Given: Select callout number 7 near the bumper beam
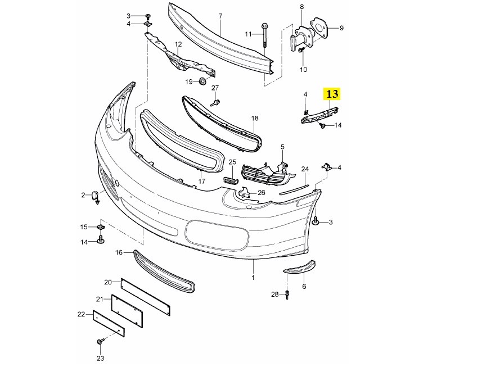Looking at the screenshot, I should (x=220, y=16).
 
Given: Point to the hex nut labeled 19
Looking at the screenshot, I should (x=202, y=82).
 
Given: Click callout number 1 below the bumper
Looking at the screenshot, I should (x=253, y=278).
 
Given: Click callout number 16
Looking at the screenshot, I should (x=119, y=253).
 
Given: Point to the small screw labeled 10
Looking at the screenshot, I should (x=301, y=51).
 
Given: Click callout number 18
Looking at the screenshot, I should (x=255, y=119).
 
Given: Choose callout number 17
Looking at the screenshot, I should (x=201, y=182).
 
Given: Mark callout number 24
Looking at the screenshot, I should (x=305, y=169).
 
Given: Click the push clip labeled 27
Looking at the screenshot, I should (x=216, y=102).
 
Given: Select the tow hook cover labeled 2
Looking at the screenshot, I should (x=94, y=196).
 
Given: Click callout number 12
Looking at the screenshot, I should (x=178, y=44).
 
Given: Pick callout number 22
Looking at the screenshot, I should (x=82, y=314).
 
